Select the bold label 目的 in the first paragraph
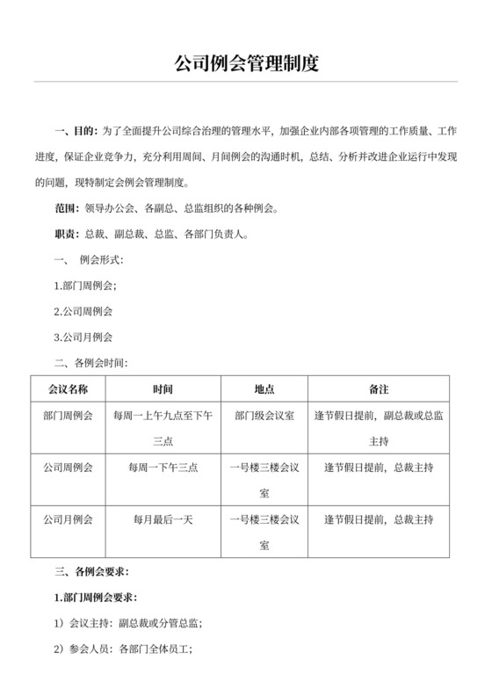click(x=85, y=132)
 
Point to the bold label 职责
click(x=66, y=235)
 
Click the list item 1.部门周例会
click(x=85, y=286)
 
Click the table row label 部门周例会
click(x=66, y=415)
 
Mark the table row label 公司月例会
click(x=66, y=519)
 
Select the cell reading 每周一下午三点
click(x=163, y=468)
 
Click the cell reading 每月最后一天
click(x=163, y=519)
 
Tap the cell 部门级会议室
click(x=264, y=415)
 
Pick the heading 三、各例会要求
click(x=95, y=571)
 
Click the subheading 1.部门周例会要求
click(x=96, y=598)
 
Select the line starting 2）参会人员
click(x=124, y=649)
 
